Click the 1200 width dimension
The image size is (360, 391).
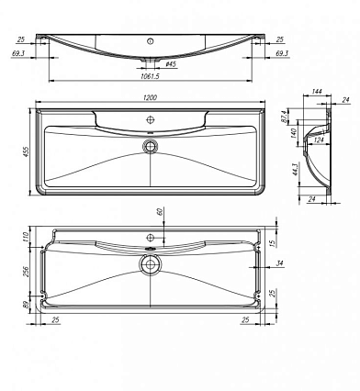150,97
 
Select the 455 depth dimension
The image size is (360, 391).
26,152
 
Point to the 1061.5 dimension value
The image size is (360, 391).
150,76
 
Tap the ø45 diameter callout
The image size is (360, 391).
170,64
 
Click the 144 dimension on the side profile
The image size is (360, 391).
317,91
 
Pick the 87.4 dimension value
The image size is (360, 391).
284,117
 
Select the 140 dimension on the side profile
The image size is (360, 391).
293,134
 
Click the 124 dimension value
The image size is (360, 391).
319,140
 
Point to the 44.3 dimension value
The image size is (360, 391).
296,169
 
